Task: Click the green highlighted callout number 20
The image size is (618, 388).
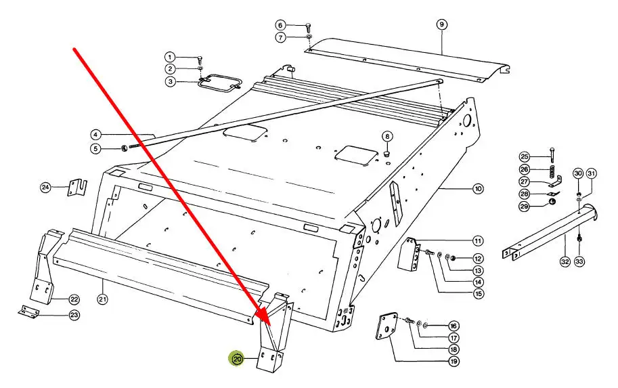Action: (x=238, y=359)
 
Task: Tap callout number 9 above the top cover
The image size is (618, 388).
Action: (x=441, y=24)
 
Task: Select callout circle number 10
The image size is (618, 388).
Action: (x=478, y=189)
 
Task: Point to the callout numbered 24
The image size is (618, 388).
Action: (x=46, y=187)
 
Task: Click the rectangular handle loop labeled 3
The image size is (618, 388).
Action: (x=219, y=83)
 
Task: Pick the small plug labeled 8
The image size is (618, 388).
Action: (x=387, y=152)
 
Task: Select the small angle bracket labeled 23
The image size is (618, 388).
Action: (x=28, y=311)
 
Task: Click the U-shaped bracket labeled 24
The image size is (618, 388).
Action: (x=78, y=188)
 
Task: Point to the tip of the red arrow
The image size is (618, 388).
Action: (x=270, y=324)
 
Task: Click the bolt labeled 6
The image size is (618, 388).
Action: (x=308, y=28)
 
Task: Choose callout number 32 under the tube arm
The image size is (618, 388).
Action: (x=565, y=261)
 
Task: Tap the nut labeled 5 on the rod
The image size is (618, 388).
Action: (x=123, y=148)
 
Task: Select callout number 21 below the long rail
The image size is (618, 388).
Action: (x=102, y=299)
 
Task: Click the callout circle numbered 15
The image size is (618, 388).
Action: (x=478, y=294)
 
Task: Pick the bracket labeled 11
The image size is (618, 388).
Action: (x=410, y=254)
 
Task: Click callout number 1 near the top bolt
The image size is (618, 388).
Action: (x=169, y=57)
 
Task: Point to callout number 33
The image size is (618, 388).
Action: (x=579, y=261)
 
